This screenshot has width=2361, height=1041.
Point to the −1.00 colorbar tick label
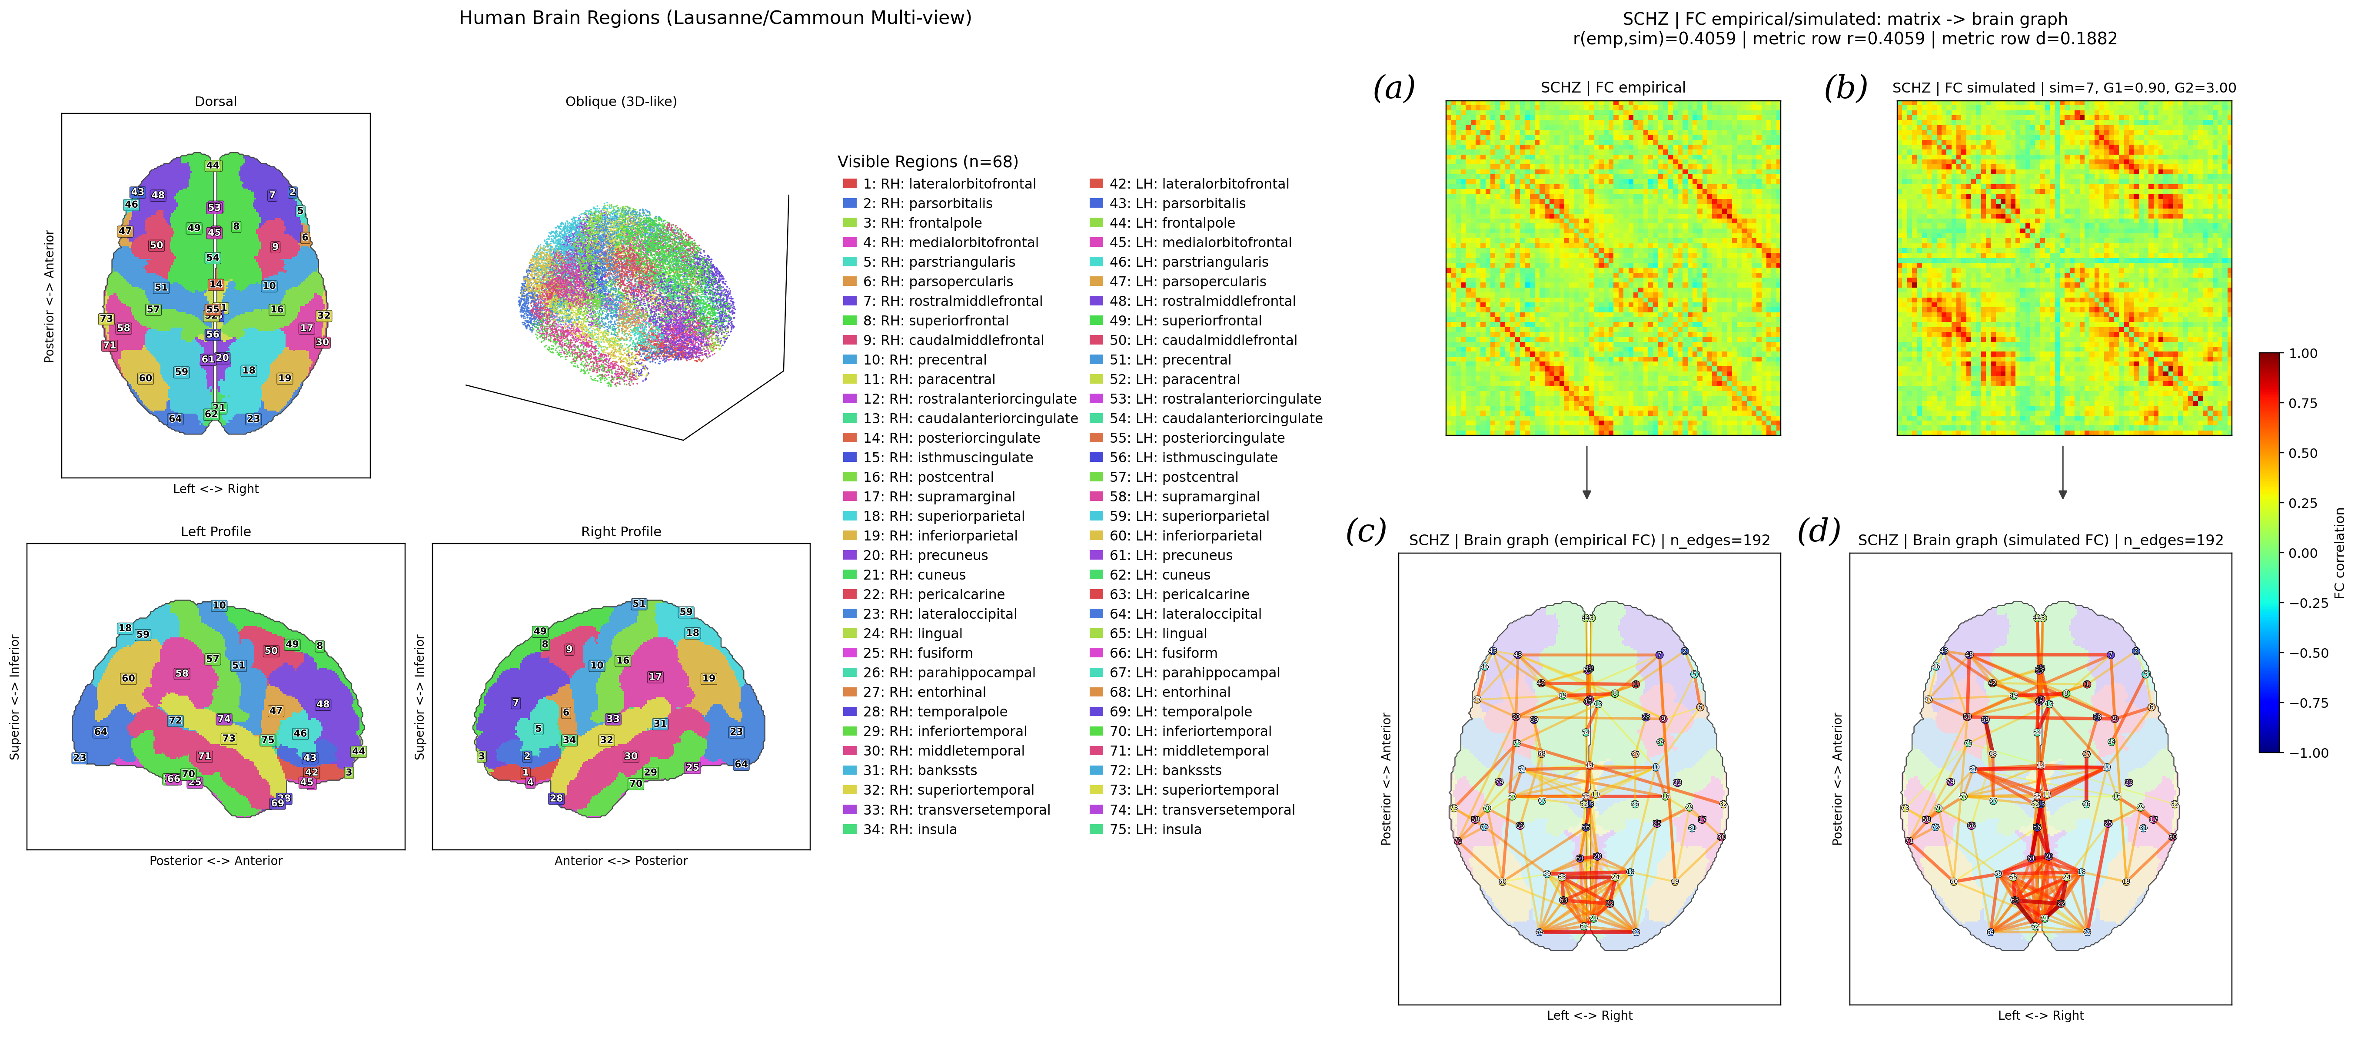(2308, 753)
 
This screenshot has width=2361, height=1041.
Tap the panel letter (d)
(1819, 530)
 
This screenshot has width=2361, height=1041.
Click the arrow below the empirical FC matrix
(1586, 472)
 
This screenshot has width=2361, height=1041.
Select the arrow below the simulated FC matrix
(2062, 472)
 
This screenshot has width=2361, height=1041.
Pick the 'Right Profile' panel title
(621, 531)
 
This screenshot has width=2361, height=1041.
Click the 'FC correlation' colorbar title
(2339, 553)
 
